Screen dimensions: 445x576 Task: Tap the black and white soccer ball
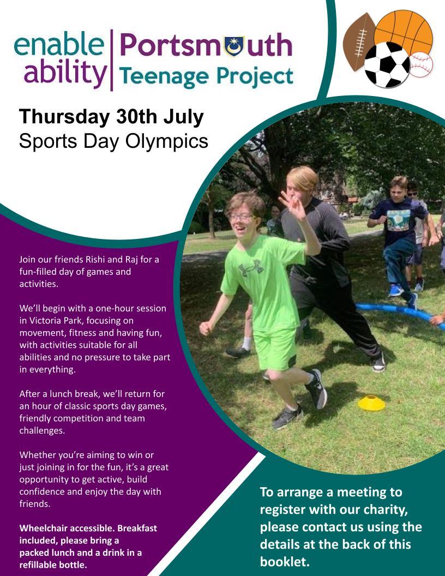[x=387, y=65]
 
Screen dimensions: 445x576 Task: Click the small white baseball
[x=421, y=65]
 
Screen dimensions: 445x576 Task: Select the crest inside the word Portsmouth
[x=234, y=47]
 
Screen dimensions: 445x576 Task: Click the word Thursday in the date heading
[x=64, y=117]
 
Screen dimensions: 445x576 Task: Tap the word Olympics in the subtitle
[x=167, y=142]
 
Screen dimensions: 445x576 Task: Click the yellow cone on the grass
[x=371, y=403]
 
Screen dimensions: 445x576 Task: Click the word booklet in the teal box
[x=285, y=562]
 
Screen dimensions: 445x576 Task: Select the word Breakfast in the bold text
[x=137, y=528]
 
